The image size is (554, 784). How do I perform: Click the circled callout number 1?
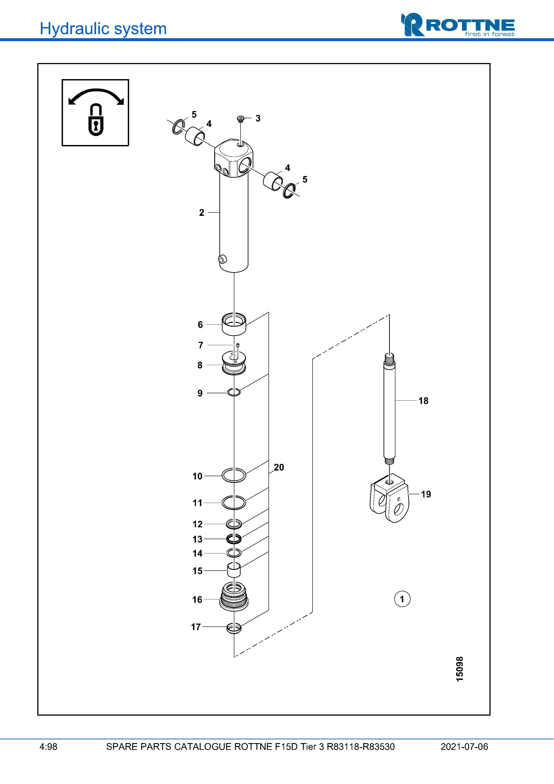tap(402, 599)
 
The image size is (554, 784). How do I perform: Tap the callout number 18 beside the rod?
tap(423, 401)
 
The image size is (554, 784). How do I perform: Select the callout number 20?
tap(279, 467)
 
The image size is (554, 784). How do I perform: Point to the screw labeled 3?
tap(241, 118)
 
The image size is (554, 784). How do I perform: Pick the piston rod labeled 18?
tap(389, 410)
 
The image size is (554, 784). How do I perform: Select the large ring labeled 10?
tap(234, 475)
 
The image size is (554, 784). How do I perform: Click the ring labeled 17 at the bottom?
tap(234, 627)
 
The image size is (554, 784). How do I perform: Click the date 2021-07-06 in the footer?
tap(464, 746)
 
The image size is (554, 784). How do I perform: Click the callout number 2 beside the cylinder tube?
tap(201, 212)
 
